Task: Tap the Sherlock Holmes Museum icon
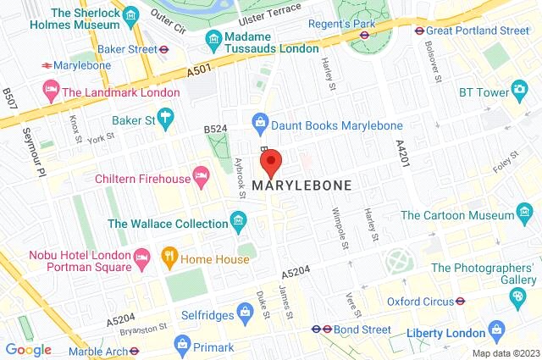[130, 16]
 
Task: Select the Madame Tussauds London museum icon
[213, 39]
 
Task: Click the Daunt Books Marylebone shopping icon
[262, 125]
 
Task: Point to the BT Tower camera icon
[519, 90]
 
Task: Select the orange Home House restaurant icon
[169, 255]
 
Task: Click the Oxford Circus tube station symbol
[460, 301]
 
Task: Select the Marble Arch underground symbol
[133, 350]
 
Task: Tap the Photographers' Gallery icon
[517, 296]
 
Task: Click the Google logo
[28, 349]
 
